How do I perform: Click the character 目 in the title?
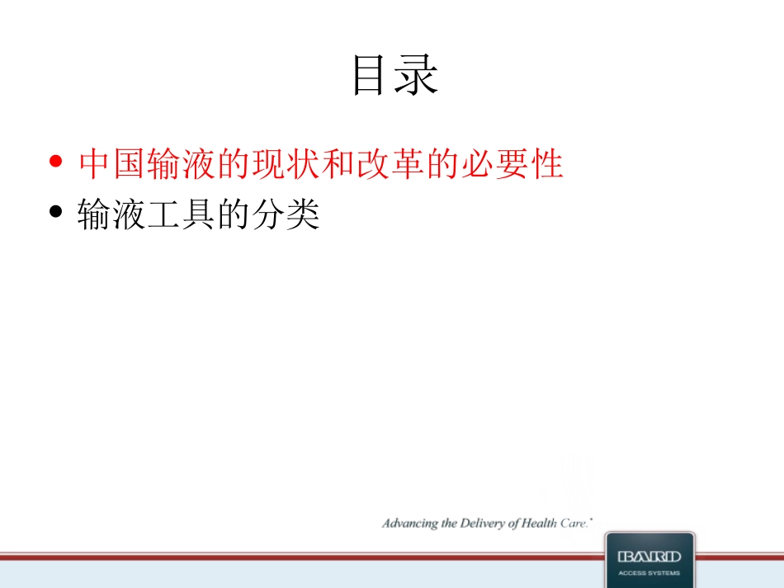[371, 75]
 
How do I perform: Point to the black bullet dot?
[56, 212]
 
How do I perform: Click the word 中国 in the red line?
[112, 164]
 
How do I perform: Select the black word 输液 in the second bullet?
[111, 216]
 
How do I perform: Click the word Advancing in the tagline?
[409, 524]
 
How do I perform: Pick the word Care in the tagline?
[576, 524]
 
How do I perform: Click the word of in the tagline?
[517, 524]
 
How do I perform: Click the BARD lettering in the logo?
[649, 557]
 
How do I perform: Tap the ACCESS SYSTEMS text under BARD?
[649, 573]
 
